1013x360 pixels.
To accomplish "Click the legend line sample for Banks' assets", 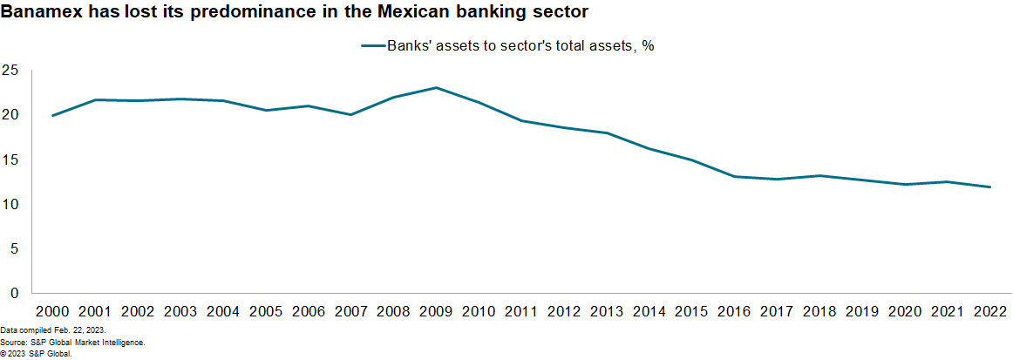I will [372, 46].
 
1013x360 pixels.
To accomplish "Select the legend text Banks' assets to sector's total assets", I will [520, 46].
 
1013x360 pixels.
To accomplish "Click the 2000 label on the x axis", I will [53, 311].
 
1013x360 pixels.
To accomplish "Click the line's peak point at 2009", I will [436, 87].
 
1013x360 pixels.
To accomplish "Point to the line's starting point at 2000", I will [53, 115].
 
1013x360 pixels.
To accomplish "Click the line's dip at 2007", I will [350, 114].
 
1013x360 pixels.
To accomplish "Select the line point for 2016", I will [735, 176].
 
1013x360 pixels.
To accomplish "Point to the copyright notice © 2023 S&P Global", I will [36, 354].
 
